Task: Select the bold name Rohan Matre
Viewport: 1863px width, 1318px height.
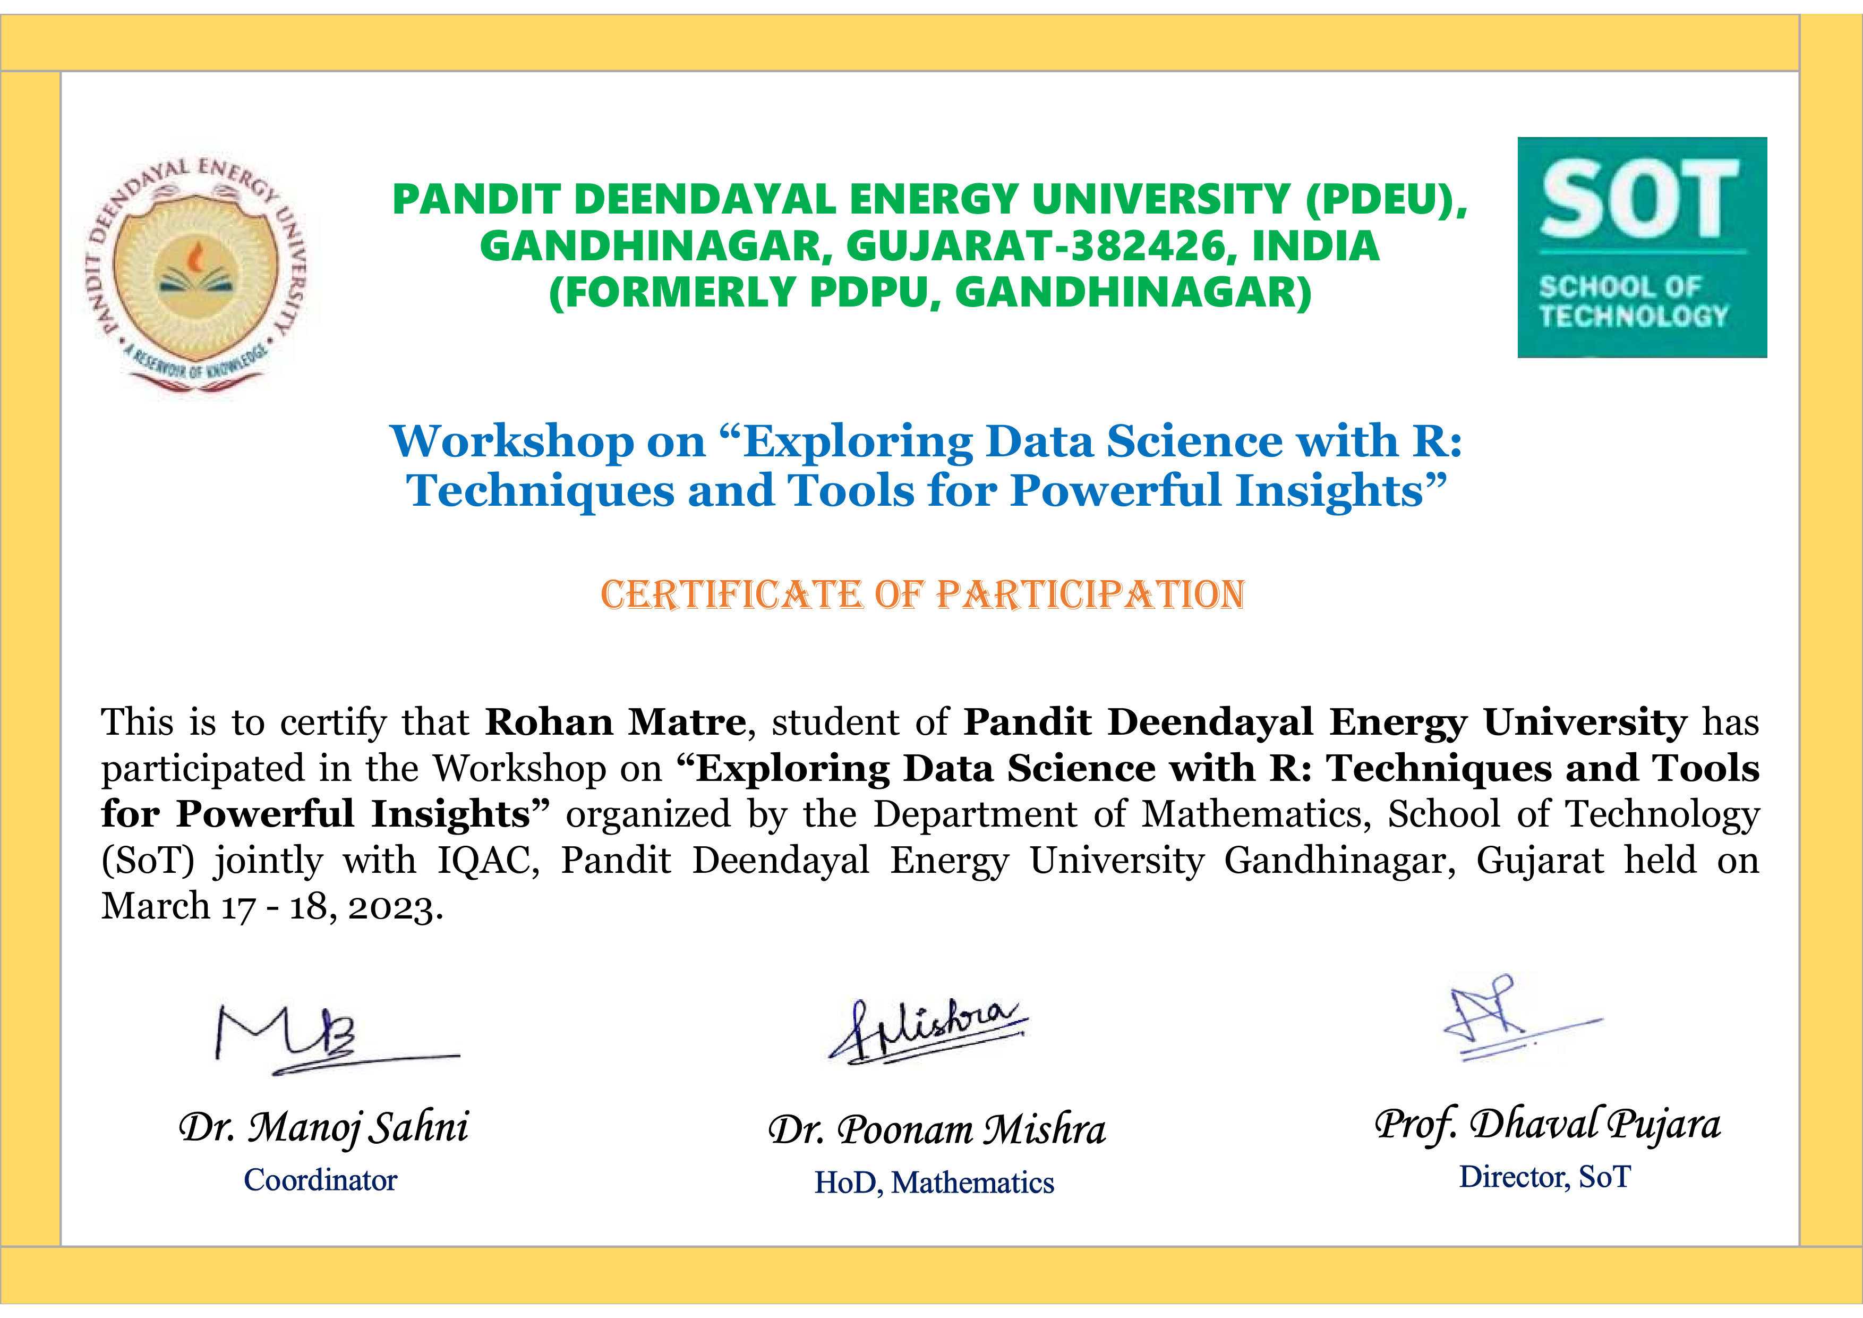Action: coord(615,721)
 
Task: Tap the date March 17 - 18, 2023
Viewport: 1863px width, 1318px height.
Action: coord(272,906)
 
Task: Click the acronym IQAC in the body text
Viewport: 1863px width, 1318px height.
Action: coord(489,860)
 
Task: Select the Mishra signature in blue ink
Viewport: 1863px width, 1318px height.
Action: coord(927,1031)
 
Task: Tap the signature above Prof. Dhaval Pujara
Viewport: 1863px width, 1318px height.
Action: coord(1522,1018)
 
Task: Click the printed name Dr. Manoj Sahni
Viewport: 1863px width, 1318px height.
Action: coord(324,1127)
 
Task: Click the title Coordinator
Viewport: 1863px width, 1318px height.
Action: coord(321,1180)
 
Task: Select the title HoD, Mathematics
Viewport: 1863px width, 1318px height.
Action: coord(934,1183)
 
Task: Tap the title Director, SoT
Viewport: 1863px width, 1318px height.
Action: coord(1545,1177)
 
